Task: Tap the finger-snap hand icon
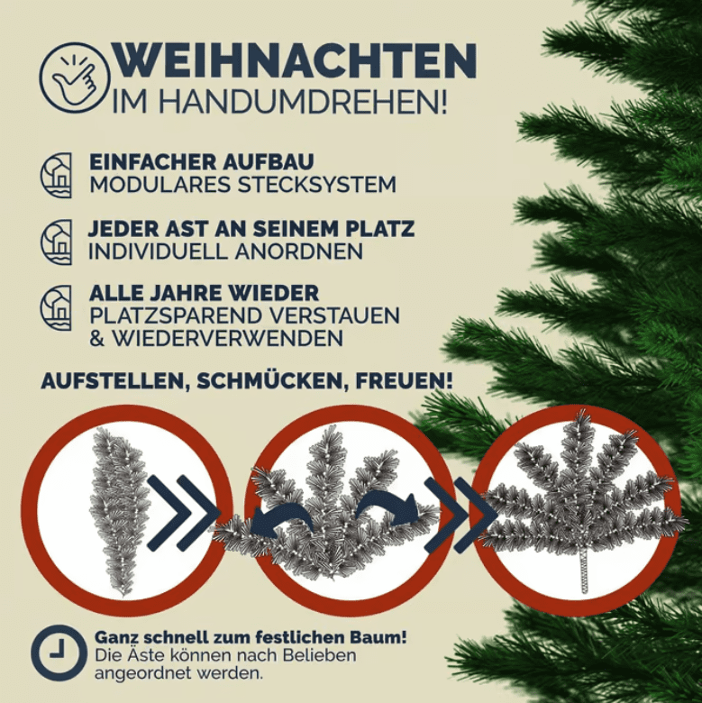[x=75, y=78]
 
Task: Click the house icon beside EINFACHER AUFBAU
[x=56, y=176]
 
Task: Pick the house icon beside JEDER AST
[x=56, y=242]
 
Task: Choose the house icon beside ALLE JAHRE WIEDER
[x=56, y=307]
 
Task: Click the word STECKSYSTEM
[x=317, y=185]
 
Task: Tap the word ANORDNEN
[x=299, y=251]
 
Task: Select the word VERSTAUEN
[x=336, y=316]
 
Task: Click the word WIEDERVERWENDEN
[x=228, y=338]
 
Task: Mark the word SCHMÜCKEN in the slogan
[x=271, y=381]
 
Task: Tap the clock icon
[x=59, y=653]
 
